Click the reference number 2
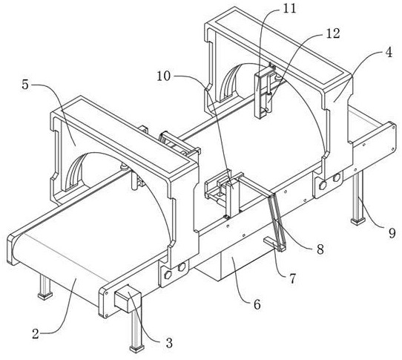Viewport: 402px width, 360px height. [x=36, y=333]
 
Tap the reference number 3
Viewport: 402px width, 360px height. [x=169, y=343]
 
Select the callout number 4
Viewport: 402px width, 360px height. [x=389, y=53]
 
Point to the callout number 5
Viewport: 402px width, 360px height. [x=25, y=85]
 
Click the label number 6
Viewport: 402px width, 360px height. [x=257, y=304]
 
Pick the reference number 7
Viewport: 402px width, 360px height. [x=293, y=278]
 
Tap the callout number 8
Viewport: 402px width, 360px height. [x=320, y=249]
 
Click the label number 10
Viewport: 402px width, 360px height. [x=164, y=76]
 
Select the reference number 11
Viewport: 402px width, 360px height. [x=289, y=9]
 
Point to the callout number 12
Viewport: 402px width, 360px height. [x=333, y=33]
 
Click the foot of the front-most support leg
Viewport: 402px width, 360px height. [x=136, y=349]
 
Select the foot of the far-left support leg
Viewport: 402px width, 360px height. [x=45, y=296]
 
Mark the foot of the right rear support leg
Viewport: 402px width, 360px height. [x=358, y=221]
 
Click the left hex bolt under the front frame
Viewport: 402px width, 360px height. [x=168, y=275]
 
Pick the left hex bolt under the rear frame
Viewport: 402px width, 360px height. [x=323, y=185]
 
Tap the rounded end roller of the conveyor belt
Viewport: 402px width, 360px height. [x=13, y=249]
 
